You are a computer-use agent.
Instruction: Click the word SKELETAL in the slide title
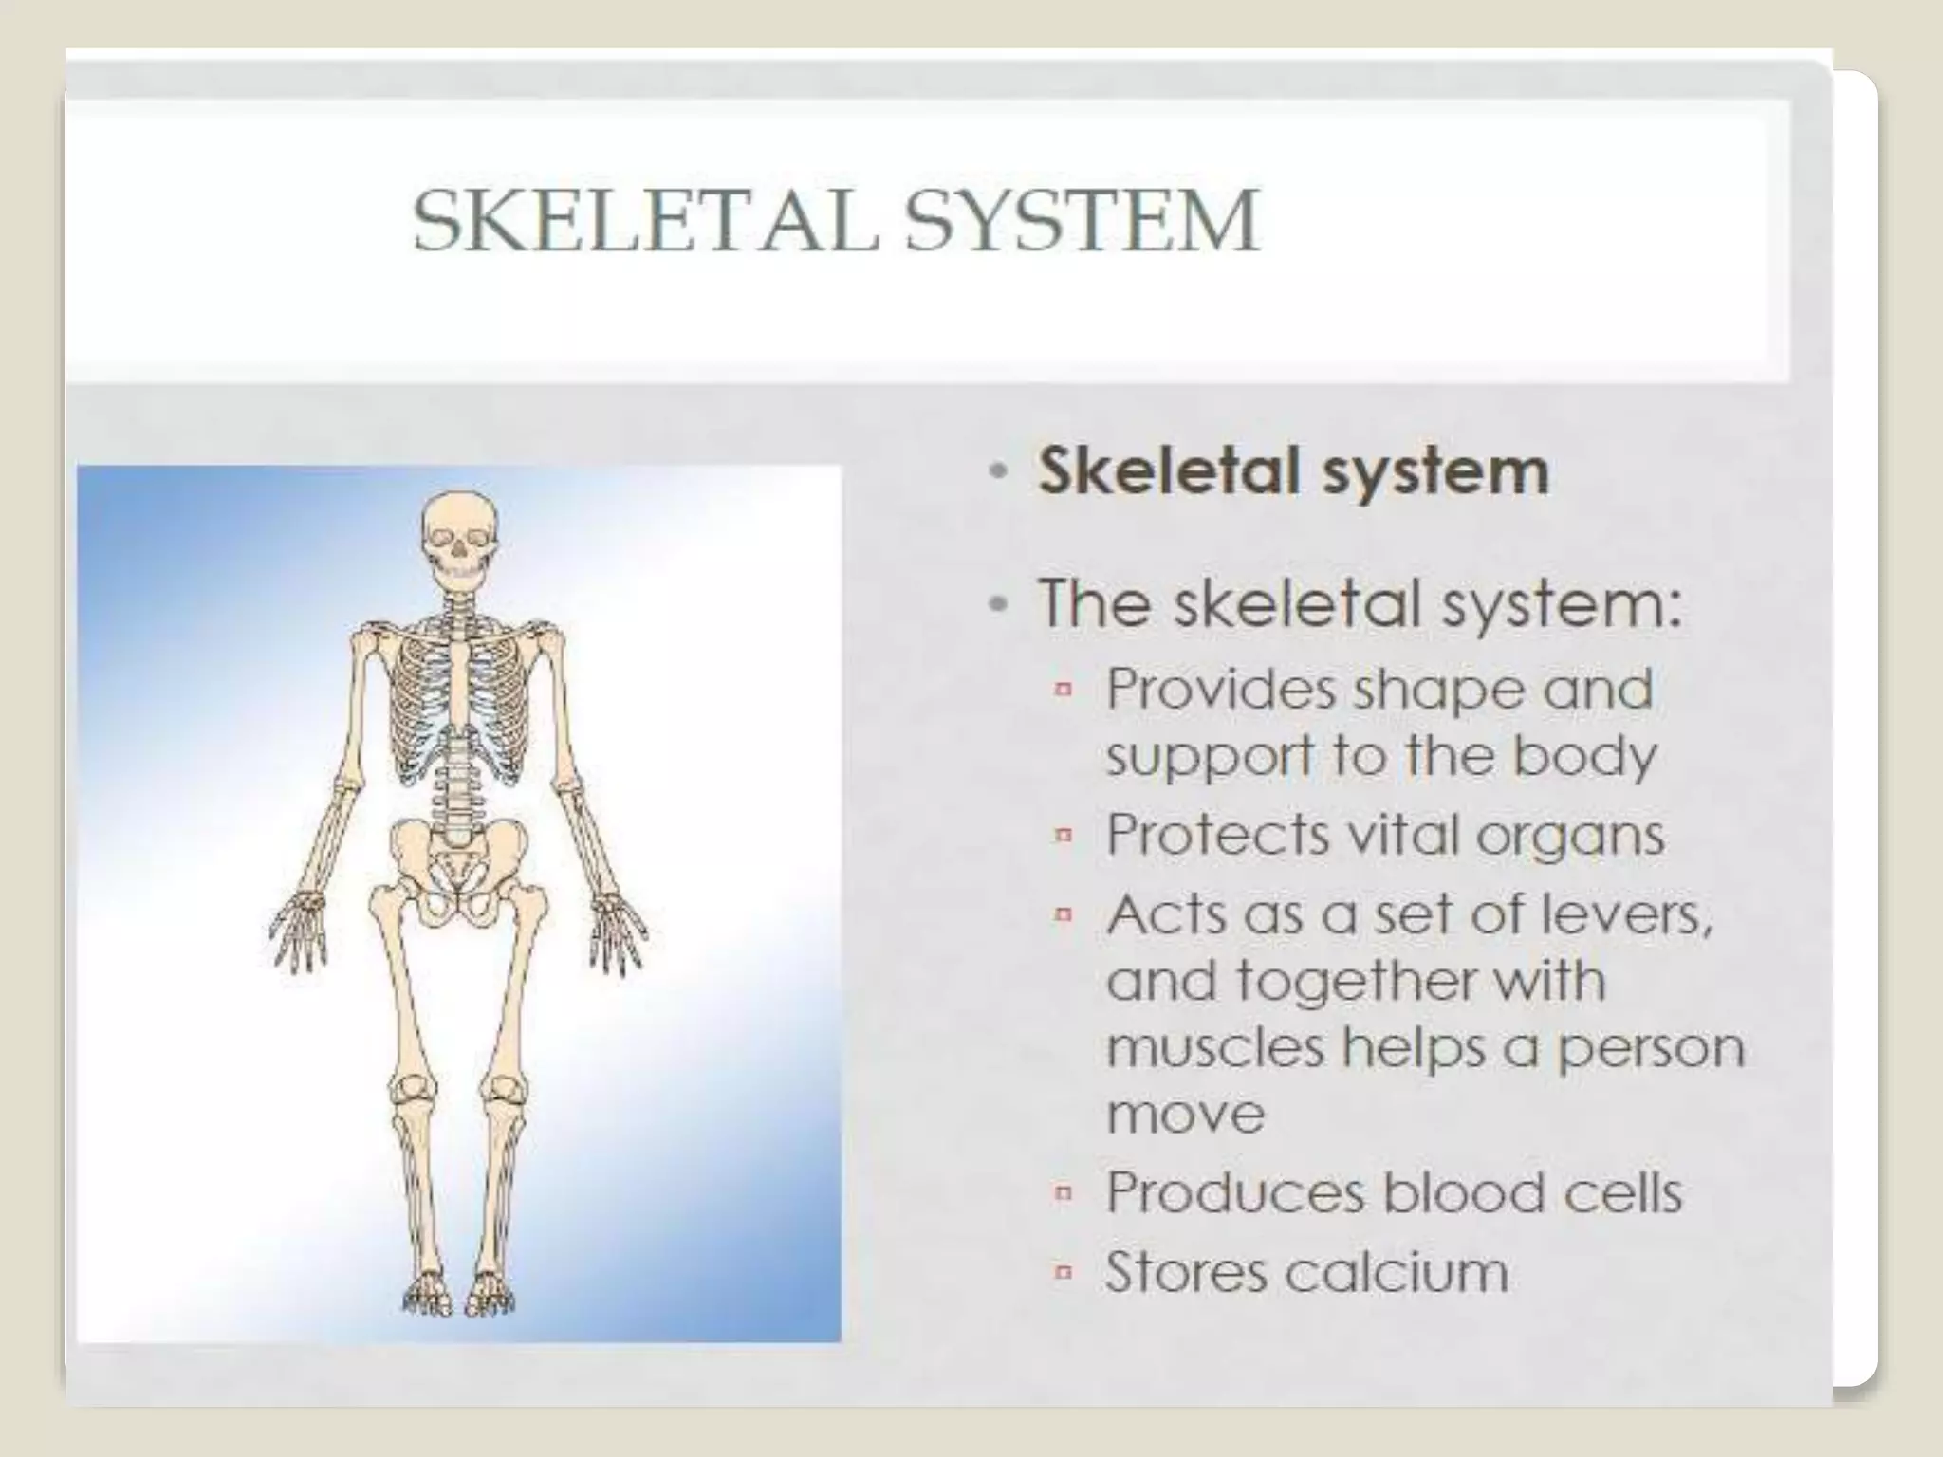[x=645, y=221]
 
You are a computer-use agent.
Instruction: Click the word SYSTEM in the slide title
[x=1082, y=221]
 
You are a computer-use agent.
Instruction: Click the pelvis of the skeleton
[x=459, y=868]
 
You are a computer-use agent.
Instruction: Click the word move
[x=1185, y=1114]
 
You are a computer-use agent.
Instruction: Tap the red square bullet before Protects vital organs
[x=1064, y=835]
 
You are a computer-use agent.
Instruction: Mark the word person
[x=1652, y=1049]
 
